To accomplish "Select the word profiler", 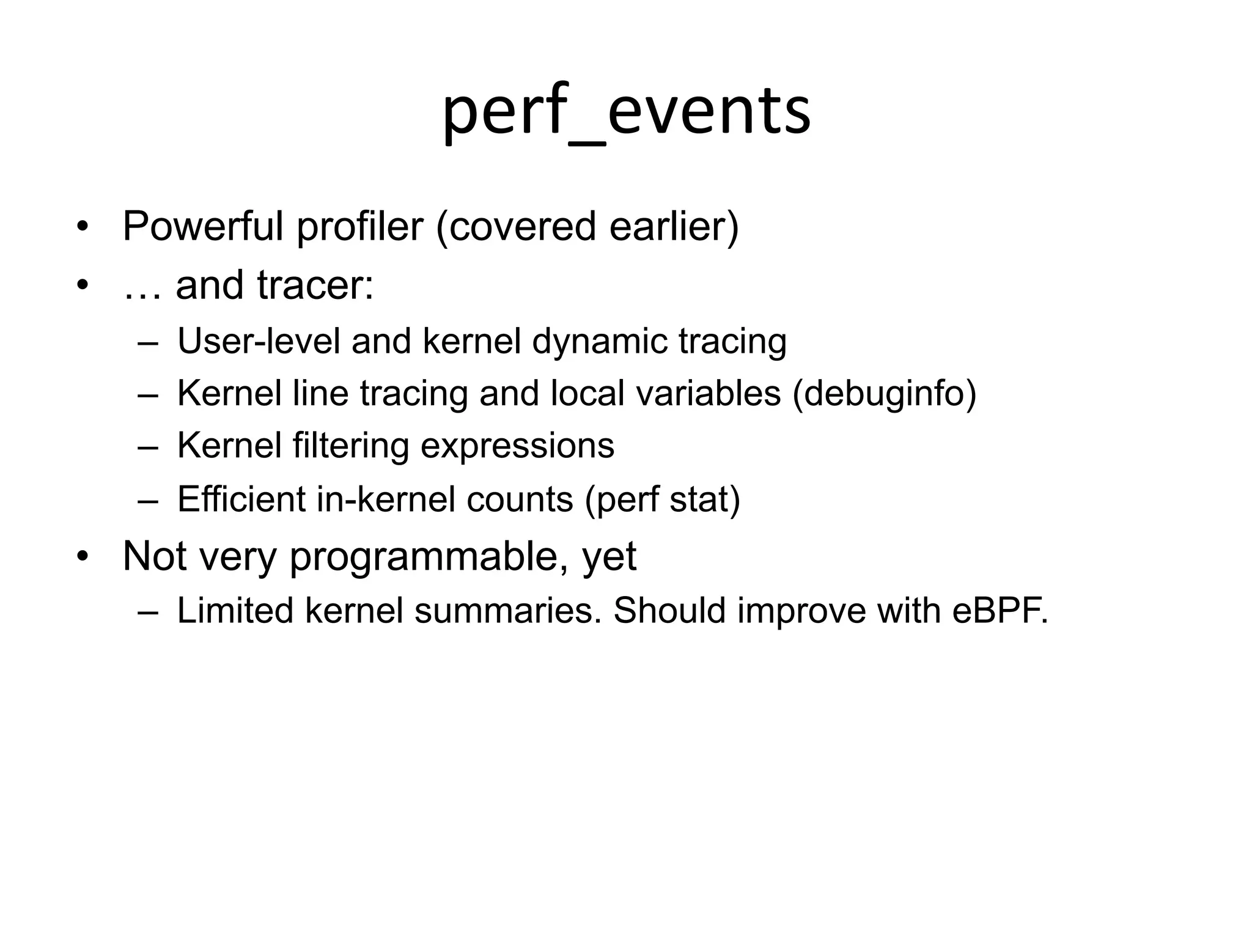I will coord(360,227).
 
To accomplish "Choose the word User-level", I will coord(259,341).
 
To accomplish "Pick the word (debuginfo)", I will coord(884,393).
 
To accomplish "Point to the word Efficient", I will coord(241,499).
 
